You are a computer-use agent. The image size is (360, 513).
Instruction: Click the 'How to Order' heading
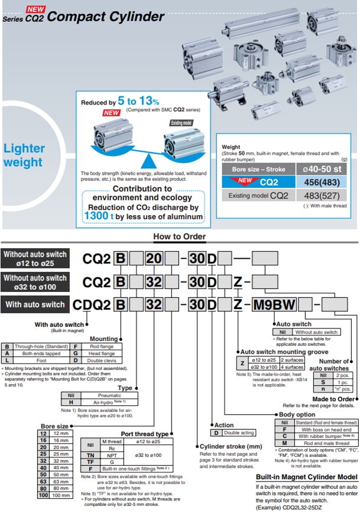coord(180,237)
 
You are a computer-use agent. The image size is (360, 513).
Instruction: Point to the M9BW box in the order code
coord(274,304)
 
